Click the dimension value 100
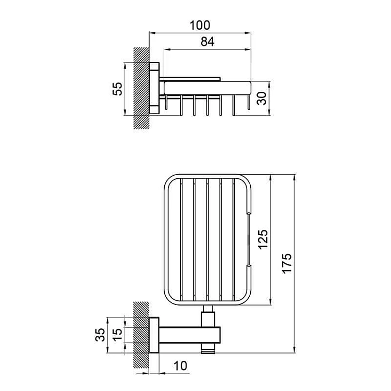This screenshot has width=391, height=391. coord(200,25)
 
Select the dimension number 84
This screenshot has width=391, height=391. coord(207,42)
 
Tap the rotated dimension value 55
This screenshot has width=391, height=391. coord(118,89)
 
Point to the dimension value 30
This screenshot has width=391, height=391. coord(262,98)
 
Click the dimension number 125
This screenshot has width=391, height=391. coord(263,240)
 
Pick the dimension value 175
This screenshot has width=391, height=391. coord(287,263)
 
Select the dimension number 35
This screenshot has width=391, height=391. coord(100,335)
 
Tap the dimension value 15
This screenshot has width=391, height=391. coord(118,335)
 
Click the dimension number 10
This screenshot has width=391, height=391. coord(180,366)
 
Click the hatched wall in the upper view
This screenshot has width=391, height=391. coord(141,88)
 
